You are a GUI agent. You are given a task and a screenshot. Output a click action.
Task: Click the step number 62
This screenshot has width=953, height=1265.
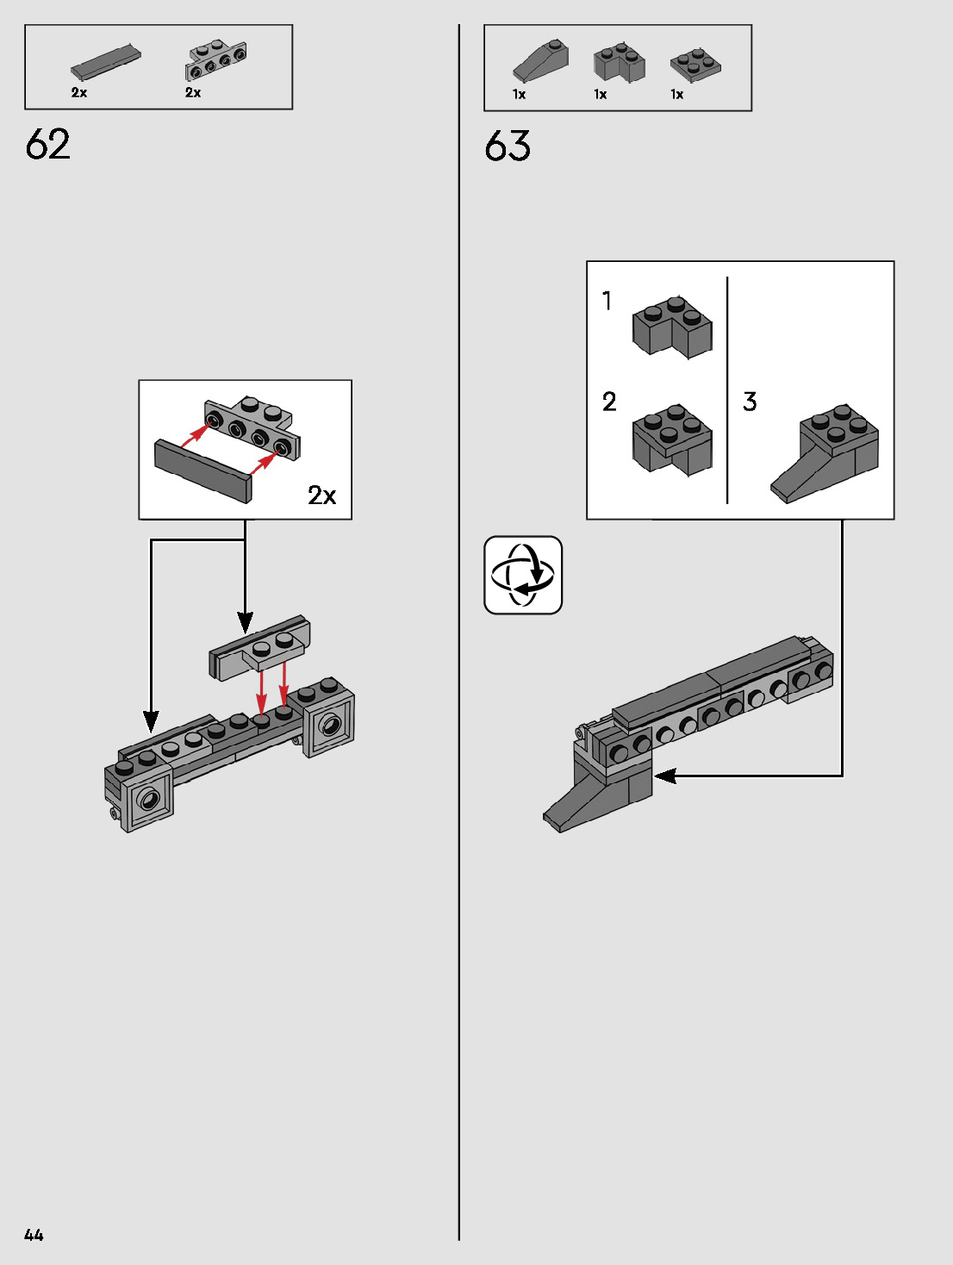coord(48,144)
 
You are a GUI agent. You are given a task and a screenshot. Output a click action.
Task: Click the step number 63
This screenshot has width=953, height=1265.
coord(508,146)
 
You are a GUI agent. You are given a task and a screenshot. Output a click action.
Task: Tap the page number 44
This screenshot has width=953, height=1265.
coord(34,1235)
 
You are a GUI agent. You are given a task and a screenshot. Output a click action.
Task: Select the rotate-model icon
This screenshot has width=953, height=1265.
coord(523,575)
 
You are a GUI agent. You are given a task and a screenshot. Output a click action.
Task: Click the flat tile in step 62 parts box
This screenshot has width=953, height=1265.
coord(105,62)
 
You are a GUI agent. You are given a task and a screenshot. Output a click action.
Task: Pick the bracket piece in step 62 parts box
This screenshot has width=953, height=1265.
coord(216,60)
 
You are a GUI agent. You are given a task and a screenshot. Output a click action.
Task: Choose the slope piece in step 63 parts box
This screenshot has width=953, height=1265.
coord(541,61)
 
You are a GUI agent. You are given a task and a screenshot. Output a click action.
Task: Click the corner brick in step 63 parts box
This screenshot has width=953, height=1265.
coord(619,63)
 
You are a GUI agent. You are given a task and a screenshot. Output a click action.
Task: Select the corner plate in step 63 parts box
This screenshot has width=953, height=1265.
coord(695,64)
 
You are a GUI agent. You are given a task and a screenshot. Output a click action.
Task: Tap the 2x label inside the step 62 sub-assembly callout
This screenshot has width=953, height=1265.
coord(321,495)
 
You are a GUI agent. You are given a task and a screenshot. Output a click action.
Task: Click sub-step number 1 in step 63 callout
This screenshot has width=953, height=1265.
coord(607,301)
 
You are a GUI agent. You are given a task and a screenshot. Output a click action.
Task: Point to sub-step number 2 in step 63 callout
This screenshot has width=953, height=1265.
coord(609,402)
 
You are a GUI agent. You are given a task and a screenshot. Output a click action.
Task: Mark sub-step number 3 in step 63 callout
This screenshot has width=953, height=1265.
coord(750,402)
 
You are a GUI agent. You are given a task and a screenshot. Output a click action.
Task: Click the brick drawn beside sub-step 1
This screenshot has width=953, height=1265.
coord(672,327)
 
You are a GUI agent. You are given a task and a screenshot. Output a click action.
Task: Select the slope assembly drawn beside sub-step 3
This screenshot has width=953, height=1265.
coord(825,452)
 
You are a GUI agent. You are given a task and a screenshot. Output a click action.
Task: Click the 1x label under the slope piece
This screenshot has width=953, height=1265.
coord(519,95)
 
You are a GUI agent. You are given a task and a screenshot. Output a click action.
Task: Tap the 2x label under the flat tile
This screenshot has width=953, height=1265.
coord(79,93)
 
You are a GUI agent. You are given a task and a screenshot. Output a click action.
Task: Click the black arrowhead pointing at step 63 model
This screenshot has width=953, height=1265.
coord(664,776)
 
